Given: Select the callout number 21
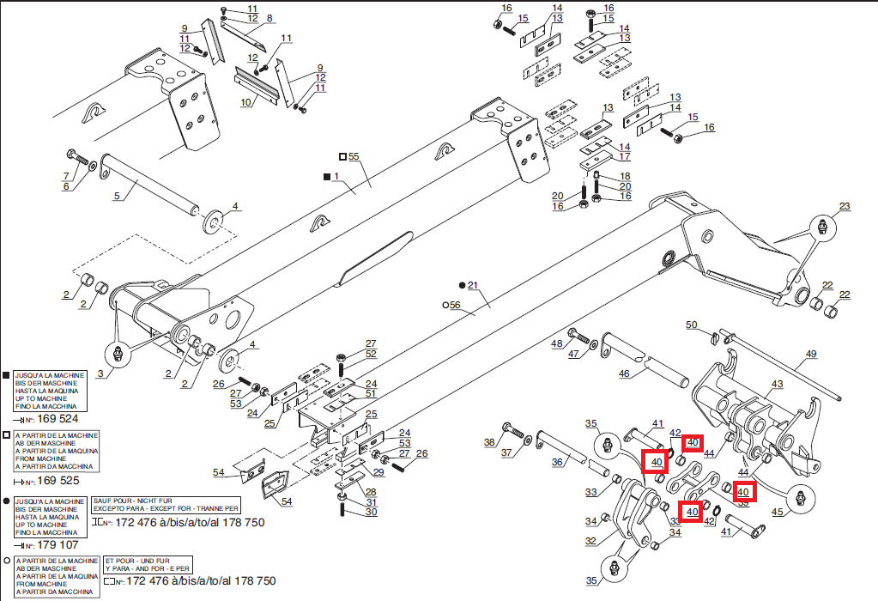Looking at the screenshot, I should click(472, 285).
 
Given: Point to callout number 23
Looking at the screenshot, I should click(845, 207).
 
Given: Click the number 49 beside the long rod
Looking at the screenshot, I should click(810, 354).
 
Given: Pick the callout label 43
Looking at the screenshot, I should click(778, 384).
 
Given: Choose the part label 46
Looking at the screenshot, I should click(624, 373).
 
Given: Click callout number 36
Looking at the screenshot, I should click(557, 463).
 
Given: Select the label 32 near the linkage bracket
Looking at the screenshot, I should click(590, 541).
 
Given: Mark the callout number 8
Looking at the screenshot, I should click(269, 18).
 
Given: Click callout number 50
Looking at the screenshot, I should click(691, 325).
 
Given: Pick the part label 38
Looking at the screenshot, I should click(489, 443).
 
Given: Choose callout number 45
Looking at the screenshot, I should click(778, 513).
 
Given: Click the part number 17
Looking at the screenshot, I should click(625, 157).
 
